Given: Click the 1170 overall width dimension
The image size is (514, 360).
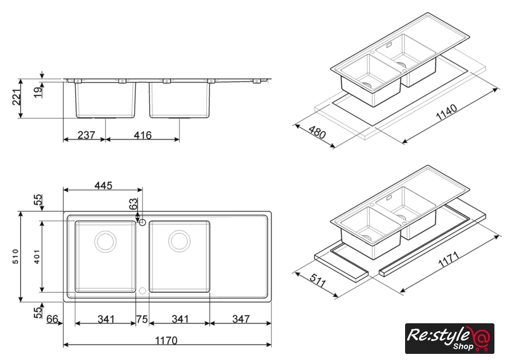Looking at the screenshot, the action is click(166, 340).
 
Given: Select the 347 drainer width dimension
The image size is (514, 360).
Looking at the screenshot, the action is click(241, 319).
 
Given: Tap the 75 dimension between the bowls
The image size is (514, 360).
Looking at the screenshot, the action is click(142, 319).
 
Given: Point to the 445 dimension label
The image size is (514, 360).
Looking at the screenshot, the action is click(103, 186).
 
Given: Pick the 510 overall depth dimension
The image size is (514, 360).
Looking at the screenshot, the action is click(16, 257).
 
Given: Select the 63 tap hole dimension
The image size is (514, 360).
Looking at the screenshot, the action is click(133, 204).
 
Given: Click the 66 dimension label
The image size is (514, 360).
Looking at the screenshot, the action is click(52, 319).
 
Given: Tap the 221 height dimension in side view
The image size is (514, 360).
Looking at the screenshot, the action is click(17, 97).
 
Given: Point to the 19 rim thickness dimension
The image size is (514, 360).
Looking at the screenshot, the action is click(39, 92).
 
